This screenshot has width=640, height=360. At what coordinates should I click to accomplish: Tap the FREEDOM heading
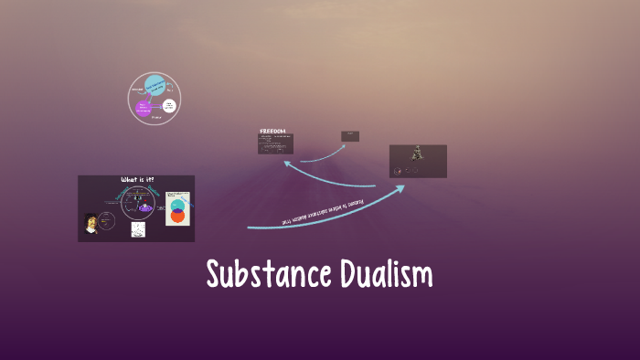click(x=272, y=132)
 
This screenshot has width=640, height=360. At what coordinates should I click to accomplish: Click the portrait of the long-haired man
click(x=91, y=223)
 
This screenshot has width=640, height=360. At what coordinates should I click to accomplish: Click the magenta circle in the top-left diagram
click(x=144, y=109)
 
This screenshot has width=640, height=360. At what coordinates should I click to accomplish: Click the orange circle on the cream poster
click(x=177, y=217)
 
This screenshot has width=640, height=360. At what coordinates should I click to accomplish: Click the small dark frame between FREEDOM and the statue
click(x=350, y=136)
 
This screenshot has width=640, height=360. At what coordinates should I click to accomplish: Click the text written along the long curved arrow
click(x=325, y=210)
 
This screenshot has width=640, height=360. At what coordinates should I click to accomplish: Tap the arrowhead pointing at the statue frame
click(x=400, y=188)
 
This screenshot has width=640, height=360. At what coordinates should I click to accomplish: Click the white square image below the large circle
click(x=138, y=229)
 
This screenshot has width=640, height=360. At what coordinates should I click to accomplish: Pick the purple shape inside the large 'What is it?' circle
click(x=144, y=209)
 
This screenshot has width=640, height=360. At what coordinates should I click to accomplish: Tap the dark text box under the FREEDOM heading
click(x=276, y=143)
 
